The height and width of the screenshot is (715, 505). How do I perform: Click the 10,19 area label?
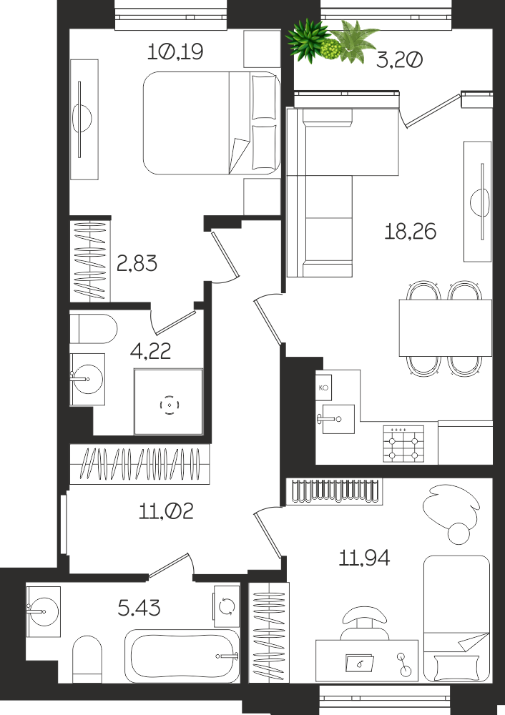(x=175, y=52)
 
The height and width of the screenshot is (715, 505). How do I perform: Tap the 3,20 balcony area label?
(x=400, y=60)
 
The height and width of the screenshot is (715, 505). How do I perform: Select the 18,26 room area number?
(x=410, y=231)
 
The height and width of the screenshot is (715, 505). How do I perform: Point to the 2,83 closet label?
(x=137, y=263)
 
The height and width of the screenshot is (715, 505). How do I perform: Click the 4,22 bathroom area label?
(x=150, y=350)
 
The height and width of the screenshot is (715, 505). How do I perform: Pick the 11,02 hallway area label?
(x=166, y=511)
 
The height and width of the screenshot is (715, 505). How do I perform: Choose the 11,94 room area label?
(x=364, y=557)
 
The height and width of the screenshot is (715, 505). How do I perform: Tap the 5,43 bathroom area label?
(x=139, y=608)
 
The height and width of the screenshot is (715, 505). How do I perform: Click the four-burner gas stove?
(x=403, y=444)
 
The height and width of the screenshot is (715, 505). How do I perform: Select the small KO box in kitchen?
(x=323, y=388)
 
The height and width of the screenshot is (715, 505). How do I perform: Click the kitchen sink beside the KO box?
(x=338, y=418)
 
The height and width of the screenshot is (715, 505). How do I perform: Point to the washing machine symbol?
(x=227, y=606)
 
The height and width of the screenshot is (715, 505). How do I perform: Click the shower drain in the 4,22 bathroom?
(x=170, y=405)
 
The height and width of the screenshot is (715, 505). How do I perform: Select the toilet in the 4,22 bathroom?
(x=94, y=328)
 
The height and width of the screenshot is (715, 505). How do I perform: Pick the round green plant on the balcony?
(x=331, y=49)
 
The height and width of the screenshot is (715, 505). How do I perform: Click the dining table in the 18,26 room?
(x=445, y=327)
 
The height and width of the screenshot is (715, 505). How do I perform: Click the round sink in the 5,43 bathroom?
(x=43, y=611)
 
